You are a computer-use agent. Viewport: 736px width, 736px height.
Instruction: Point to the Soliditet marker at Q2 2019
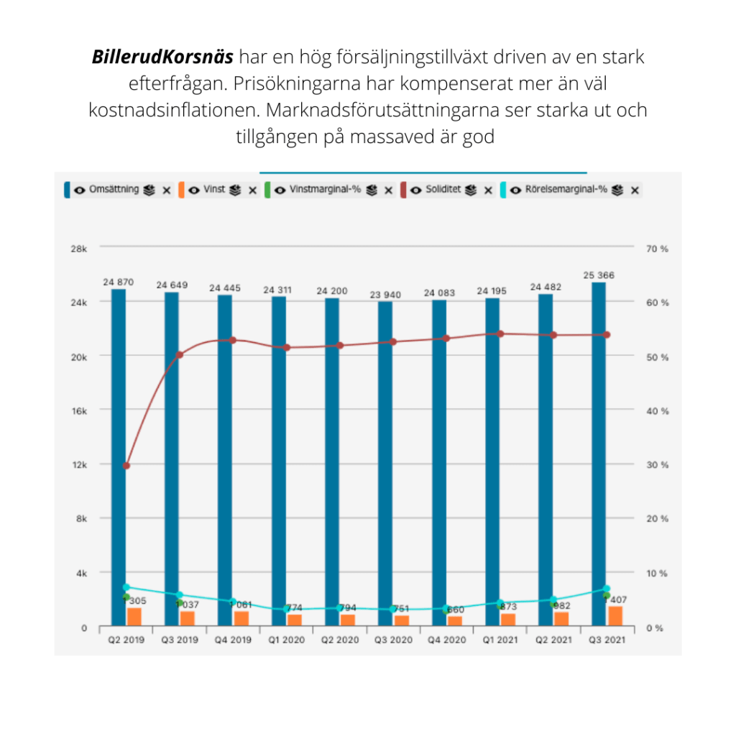(x=126, y=466)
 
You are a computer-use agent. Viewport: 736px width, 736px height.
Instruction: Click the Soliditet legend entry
(x=438, y=190)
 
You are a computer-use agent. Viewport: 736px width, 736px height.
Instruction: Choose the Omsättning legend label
(x=114, y=190)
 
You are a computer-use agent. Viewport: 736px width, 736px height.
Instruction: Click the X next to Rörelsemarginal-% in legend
(x=635, y=190)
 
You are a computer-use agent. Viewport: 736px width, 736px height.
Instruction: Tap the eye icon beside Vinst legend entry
(x=194, y=190)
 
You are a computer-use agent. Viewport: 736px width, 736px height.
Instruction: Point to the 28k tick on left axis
(x=80, y=249)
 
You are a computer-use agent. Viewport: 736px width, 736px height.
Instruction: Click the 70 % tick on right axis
(x=657, y=249)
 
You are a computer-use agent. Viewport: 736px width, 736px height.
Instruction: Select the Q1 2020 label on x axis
(x=287, y=640)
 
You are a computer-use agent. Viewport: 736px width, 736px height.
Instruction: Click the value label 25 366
(x=599, y=275)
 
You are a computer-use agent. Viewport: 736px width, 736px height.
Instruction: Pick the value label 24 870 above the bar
(x=118, y=282)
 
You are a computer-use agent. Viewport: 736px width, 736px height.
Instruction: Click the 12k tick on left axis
(x=80, y=464)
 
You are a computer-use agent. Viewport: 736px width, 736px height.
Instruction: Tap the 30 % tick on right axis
(x=657, y=464)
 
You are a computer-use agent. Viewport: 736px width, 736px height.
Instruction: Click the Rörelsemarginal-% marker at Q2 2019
(x=126, y=587)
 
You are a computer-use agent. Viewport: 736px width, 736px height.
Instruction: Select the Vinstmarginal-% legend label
(x=325, y=190)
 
